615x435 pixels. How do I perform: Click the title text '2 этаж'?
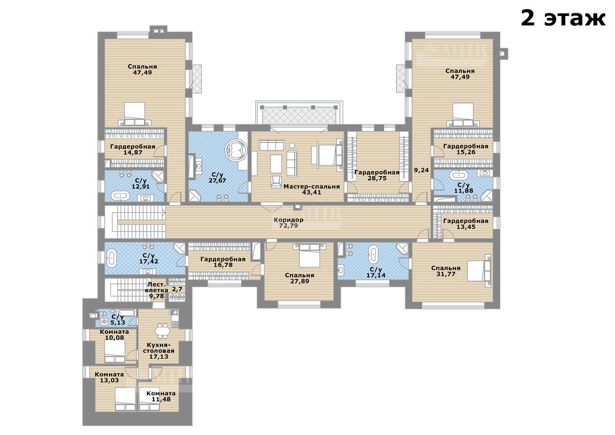(x=563, y=18)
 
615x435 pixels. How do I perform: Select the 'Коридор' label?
(x=288, y=220)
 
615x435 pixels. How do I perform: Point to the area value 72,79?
(x=288, y=226)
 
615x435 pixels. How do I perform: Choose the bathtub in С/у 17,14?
(x=373, y=254)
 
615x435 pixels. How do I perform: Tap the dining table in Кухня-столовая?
(x=161, y=330)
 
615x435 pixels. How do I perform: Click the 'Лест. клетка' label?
(x=157, y=287)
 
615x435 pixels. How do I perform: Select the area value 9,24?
(x=422, y=170)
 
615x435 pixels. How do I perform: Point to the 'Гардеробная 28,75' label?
(x=377, y=175)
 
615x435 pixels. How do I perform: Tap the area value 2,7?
(x=177, y=289)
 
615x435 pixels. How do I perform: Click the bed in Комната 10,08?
(x=115, y=350)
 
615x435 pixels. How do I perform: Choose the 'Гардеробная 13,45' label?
(x=466, y=223)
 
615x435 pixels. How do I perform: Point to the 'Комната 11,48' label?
(x=161, y=396)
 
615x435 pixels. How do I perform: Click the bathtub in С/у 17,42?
(x=112, y=258)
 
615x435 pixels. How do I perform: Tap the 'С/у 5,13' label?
(x=117, y=320)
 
